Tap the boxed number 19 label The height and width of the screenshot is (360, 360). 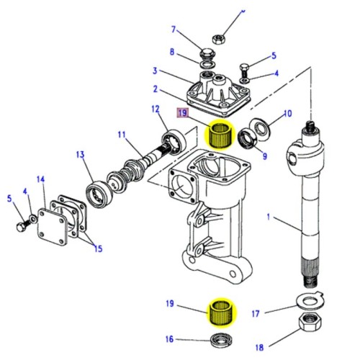coord(184,112)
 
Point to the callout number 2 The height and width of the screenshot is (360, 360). coord(155,89)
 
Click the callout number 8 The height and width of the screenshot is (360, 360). coord(172,53)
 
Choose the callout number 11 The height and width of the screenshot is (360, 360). coord(122,134)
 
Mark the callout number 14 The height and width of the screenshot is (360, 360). coord(41,179)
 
